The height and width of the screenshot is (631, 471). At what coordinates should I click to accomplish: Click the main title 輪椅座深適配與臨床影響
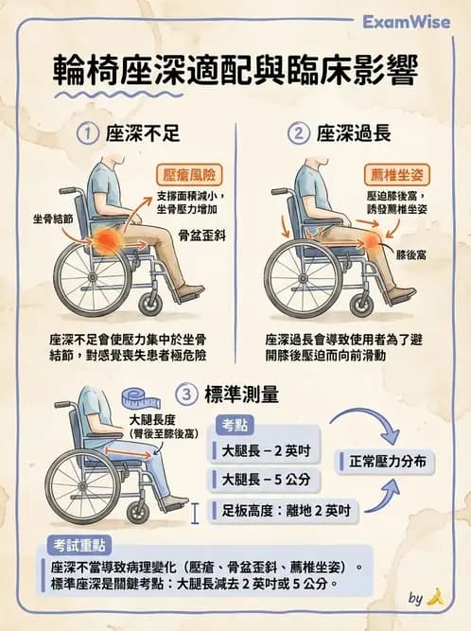[x=235, y=72]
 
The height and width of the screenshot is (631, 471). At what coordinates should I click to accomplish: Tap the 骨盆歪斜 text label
[x=198, y=230]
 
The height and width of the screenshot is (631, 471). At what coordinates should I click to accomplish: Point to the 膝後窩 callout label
[x=414, y=254]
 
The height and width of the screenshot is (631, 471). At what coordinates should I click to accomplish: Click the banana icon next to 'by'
[x=434, y=597]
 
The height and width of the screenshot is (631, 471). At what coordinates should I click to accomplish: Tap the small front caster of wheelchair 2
[x=359, y=305]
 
